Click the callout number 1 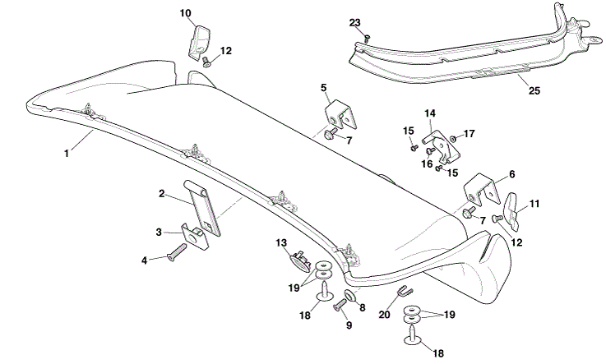tap(67, 154)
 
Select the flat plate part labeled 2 tap(202, 207)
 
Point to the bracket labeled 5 tap(340, 115)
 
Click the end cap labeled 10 tap(200, 42)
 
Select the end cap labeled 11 tap(512, 210)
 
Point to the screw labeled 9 tap(339, 305)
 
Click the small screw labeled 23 tap(368, 38)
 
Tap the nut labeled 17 tap(453, 138)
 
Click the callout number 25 tap(534, 90)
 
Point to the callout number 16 tap(427, 164)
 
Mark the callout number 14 tap(430, 113)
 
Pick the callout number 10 tap(186, 13)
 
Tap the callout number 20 tap(385, 315)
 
